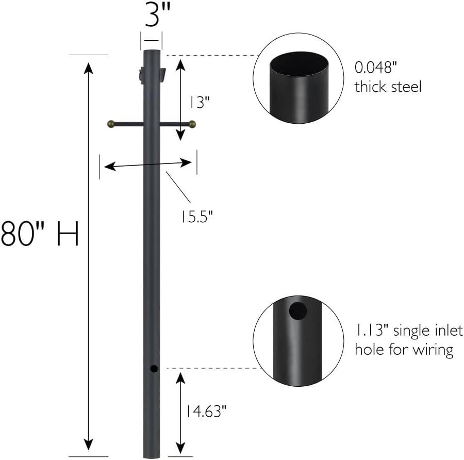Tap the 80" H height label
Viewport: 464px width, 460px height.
(x=40, y=233)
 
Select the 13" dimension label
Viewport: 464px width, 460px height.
(x=199, y=103)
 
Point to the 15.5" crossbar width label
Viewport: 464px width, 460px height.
(x=197, y=217)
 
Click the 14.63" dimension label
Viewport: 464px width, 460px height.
(x=206, y=411)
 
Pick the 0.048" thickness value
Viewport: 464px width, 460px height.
(x=375, y=68)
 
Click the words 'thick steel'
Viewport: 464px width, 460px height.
(x=388, y=87)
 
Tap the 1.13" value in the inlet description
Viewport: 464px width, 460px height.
(x=371, y=330)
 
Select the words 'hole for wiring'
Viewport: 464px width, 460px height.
(x=404, y=350)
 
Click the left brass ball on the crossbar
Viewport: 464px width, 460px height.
(x=111, y=124)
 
